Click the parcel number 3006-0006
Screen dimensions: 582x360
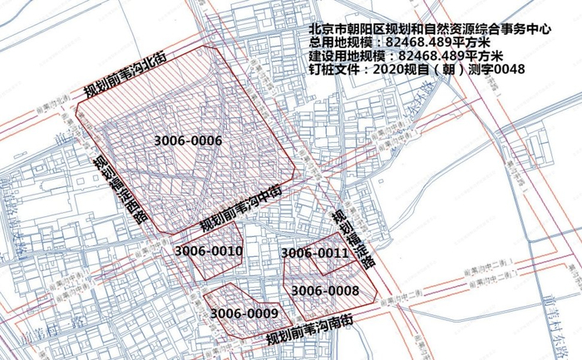(x=188, y=141)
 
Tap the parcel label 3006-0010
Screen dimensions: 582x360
(x=209, y=250)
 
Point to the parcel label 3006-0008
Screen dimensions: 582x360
(x=325, y=290)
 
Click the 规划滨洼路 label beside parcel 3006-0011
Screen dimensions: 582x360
(x=353, y=236)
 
